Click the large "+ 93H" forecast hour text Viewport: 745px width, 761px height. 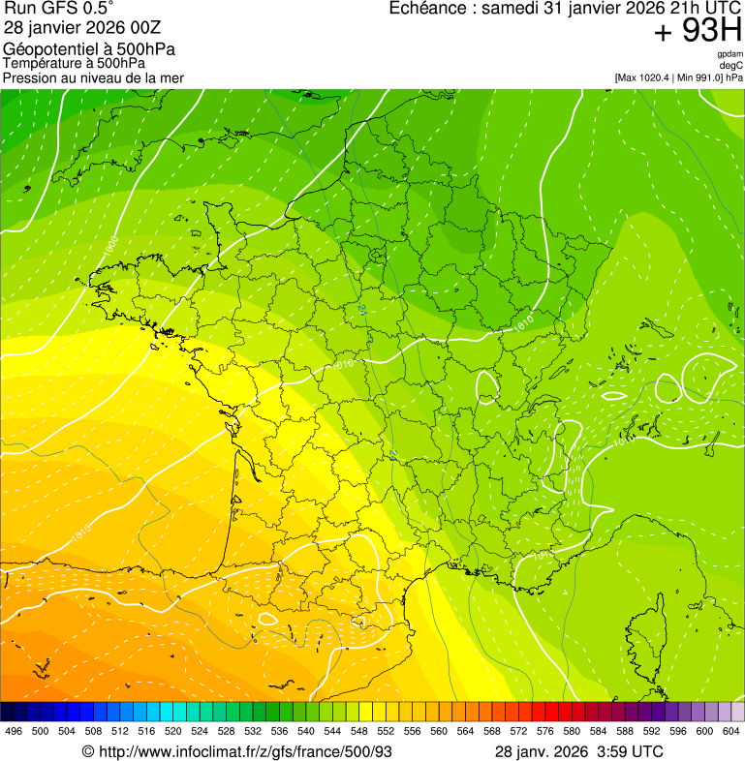click(x=698, y=32)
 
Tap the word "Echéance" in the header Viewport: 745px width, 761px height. click(x=426, y=9)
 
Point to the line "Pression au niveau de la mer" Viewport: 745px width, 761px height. click(x=93, y=77)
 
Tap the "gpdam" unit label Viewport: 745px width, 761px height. click(x=729, y=54)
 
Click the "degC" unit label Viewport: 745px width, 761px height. click(x=731, y=66)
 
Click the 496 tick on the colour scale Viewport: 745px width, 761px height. click(x=14, y=731)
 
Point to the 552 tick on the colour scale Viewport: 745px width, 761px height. click(x=385, y=731)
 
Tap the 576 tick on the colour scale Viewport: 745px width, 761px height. click(x=544, y=731)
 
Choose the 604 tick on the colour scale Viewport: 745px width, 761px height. click(x=730, y=731)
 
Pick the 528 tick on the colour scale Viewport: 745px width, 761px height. click(x=226, y=731)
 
